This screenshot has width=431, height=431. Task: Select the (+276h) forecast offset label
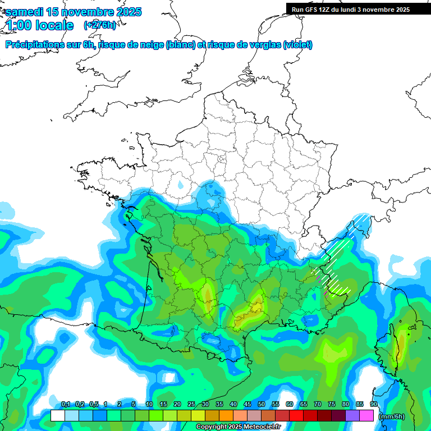tap(100, 25)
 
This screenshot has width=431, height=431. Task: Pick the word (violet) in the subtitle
tap(297, 45)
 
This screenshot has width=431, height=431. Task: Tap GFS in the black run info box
tap(312, 10)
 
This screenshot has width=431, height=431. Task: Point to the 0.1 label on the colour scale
tap(66, 405)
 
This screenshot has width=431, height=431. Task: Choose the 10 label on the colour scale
tap(149, 405)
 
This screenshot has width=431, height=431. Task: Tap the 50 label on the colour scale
tap(262, 405)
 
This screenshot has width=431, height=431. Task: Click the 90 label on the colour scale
tap(374, 405)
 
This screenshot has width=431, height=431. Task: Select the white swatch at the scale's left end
tap(57, 416)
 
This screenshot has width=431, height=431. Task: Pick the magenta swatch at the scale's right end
tap(366, 416)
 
